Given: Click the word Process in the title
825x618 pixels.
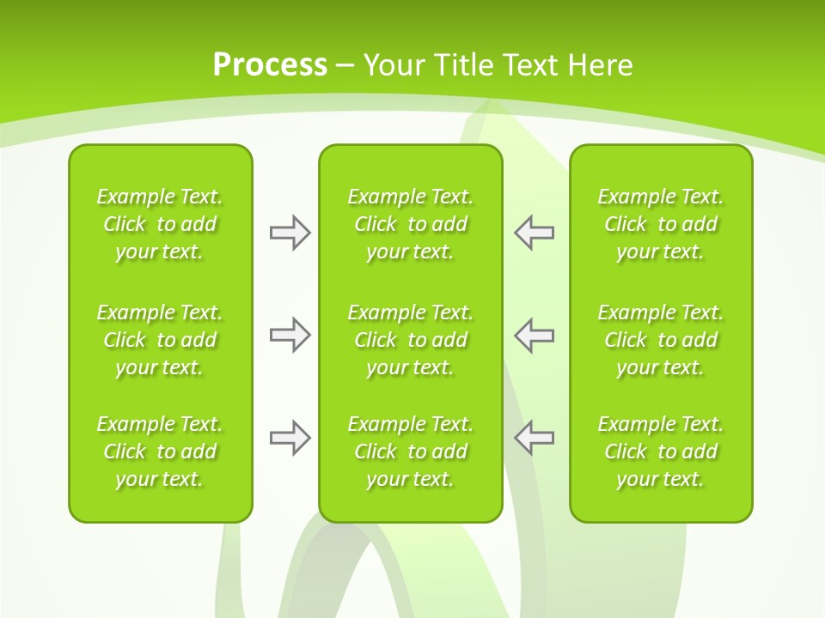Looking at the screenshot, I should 270,65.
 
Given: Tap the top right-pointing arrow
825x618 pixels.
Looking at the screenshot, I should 290,233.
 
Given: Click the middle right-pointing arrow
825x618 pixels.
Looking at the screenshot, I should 290,335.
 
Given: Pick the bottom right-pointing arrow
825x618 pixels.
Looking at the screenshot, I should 290,437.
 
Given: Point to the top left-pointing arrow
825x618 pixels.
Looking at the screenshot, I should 534,233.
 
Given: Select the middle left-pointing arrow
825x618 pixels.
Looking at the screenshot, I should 534,335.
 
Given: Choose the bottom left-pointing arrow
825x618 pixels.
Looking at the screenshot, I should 534,437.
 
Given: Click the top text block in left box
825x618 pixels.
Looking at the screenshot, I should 160,224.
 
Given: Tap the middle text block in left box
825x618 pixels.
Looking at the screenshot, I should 160,340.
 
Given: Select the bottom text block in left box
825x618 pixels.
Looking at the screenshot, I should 160,451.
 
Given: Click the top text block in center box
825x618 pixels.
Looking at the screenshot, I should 410,224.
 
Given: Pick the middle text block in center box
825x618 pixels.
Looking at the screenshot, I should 410,340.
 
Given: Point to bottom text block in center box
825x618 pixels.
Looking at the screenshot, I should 410,451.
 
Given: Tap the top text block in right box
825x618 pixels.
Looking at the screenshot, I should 661,224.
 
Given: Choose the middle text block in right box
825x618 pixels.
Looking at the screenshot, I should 661,340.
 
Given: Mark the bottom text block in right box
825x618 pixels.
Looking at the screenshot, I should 661,451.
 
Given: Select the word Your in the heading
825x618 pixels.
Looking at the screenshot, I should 394,65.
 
